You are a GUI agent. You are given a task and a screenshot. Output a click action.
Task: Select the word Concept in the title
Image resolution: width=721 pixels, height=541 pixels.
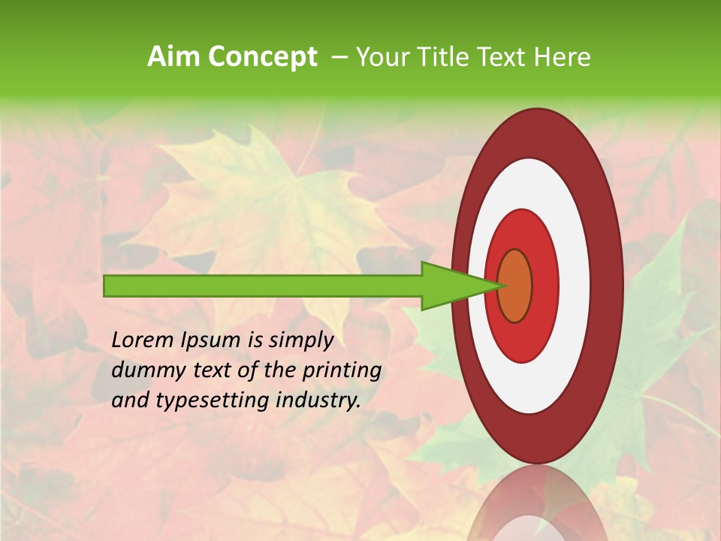261,57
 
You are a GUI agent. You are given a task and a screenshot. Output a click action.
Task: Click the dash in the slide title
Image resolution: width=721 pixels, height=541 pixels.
339,57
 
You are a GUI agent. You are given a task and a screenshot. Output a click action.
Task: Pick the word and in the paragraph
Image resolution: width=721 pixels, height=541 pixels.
130,400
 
